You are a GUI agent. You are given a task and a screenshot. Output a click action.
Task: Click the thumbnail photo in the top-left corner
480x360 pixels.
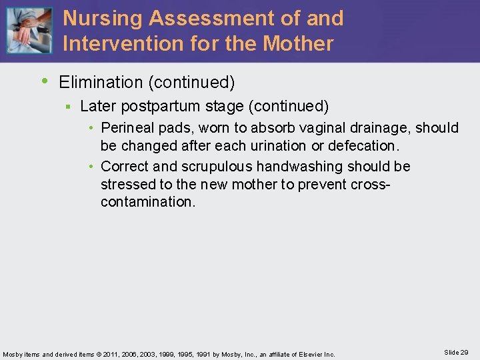29,30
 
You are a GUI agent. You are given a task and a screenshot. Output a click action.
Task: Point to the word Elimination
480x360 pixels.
101,82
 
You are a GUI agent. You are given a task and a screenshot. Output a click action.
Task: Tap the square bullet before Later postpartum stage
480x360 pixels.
67,107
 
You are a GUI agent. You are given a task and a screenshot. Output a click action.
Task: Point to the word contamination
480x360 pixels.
147,201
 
